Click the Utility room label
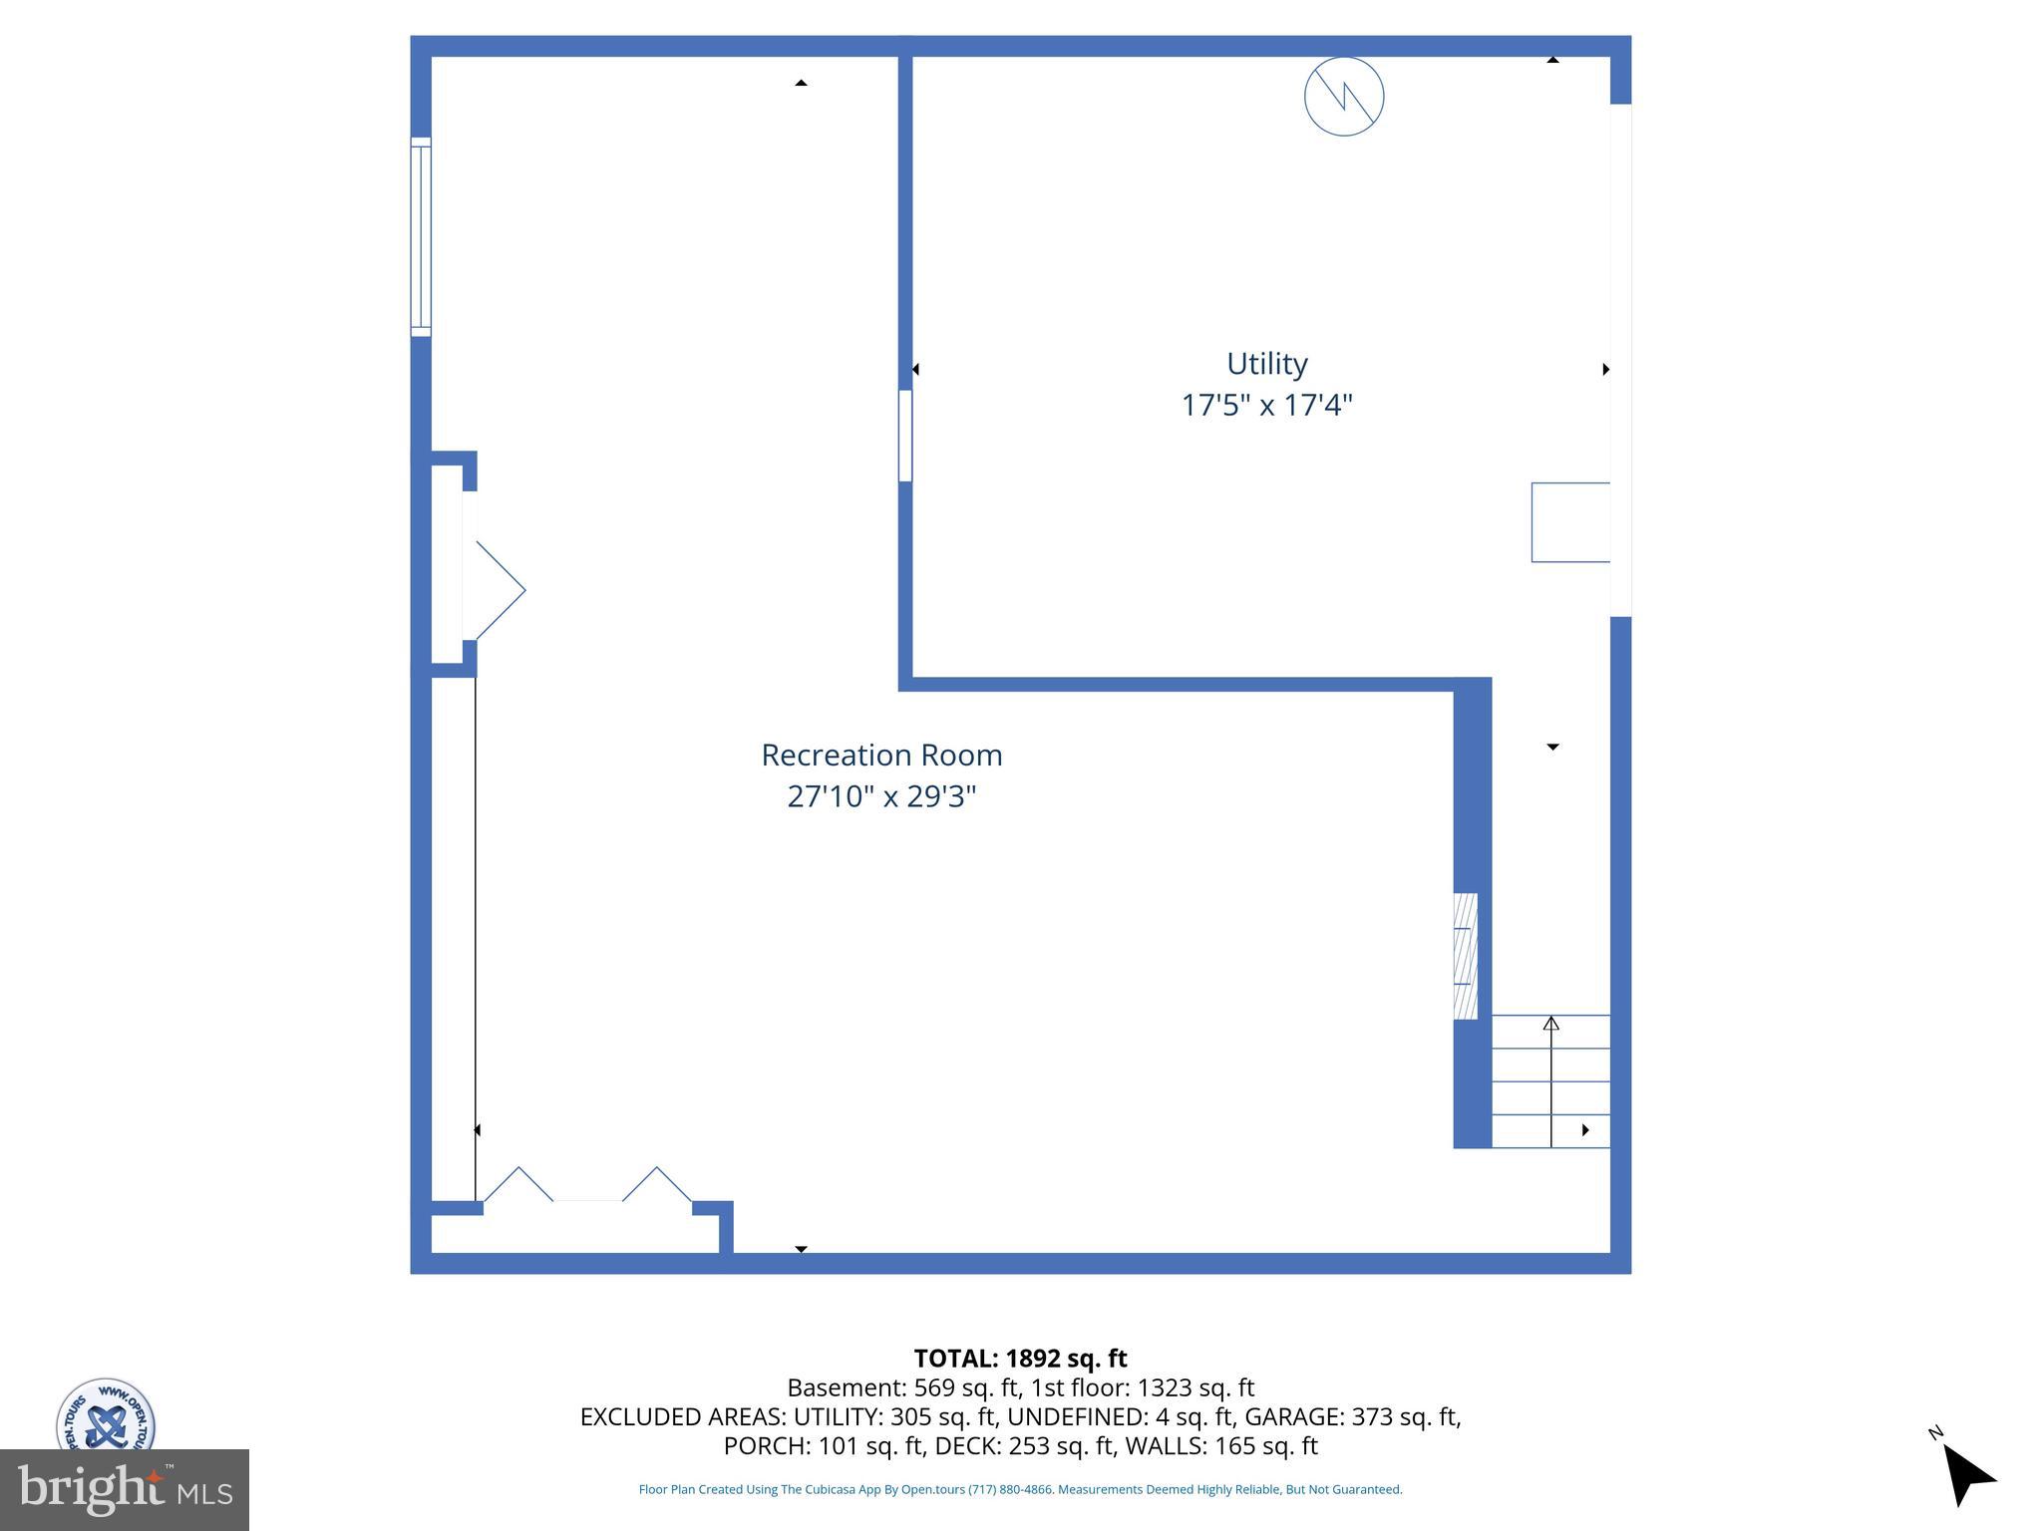coord(1266,364)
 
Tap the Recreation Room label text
coord(881,756)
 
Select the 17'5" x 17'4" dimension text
coord(1266,406)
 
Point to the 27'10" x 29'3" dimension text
coord(881,797)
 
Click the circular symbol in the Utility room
coord(1344,97)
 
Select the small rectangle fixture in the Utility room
coord(1570,522)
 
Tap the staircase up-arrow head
coord(1550,1023)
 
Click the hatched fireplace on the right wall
coord(1465,956)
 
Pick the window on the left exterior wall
coord(421,236)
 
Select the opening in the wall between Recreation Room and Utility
coord(905,436)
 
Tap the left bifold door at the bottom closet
coord(517,1184)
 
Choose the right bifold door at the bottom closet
coord(657,1184)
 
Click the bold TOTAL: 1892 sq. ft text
coord(1020,1359)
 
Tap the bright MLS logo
coord(125,1489)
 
